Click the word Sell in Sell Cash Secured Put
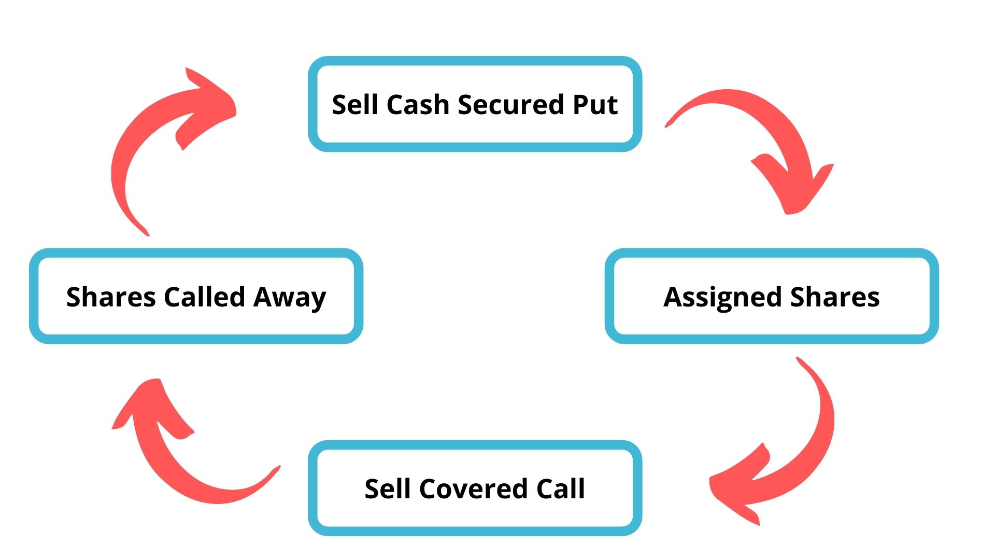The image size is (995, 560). click(356, 105)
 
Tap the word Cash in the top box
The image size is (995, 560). click(417, 105)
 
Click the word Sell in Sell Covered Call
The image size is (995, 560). click(388, 489)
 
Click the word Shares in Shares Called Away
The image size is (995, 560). click(111, 297)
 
